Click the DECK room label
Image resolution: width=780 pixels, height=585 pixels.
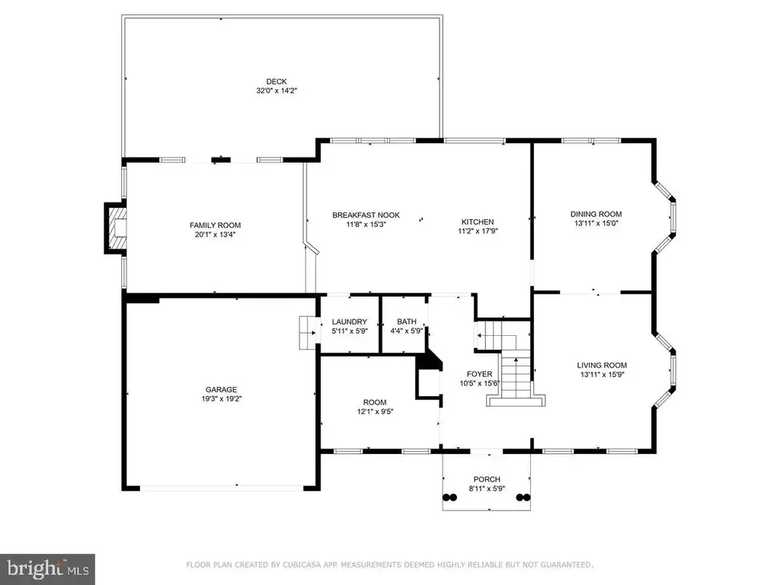[276, 82]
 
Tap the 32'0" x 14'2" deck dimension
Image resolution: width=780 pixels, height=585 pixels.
[277, 91]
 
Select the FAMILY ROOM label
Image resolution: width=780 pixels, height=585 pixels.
[215, 225]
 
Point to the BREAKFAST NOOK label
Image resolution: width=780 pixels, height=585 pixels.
[366, 216]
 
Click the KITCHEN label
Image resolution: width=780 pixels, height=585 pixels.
[478, 222]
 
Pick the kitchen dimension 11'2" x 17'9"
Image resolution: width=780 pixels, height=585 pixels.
[478, 231]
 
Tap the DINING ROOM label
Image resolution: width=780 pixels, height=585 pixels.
[596, 214]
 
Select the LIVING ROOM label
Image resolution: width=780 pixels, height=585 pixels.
[602, 365]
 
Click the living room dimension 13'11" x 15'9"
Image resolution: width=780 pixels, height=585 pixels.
[602, 374]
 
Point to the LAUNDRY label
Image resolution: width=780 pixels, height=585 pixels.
[349, 322]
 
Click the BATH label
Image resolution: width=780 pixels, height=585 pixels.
[407, 322]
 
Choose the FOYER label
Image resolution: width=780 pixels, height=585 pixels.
[480, 374]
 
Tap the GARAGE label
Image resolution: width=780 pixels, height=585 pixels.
[222, 389]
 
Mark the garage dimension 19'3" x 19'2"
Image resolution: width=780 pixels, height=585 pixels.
[222, 398]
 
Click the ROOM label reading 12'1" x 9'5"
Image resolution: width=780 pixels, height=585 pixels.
[375, 402]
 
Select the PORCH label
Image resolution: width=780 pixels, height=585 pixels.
[487, 480]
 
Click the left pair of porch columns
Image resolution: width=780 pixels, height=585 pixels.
[449, 497]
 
